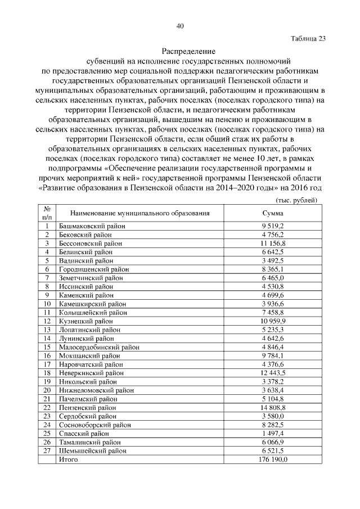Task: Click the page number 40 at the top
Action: tap(180, 26)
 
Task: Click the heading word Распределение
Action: tap(180, 51)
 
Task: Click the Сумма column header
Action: tap(273, 213)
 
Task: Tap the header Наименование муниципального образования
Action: tap(139, 213)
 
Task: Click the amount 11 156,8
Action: tap(273, 244)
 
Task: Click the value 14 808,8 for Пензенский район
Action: tap(273, 407)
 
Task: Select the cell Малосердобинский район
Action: tap(99, 347)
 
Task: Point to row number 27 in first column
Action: tap(47, 451)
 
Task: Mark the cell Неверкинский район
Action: tap(92, 373)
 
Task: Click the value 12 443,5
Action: tap(273, 373)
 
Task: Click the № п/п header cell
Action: tap(47, 213)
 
